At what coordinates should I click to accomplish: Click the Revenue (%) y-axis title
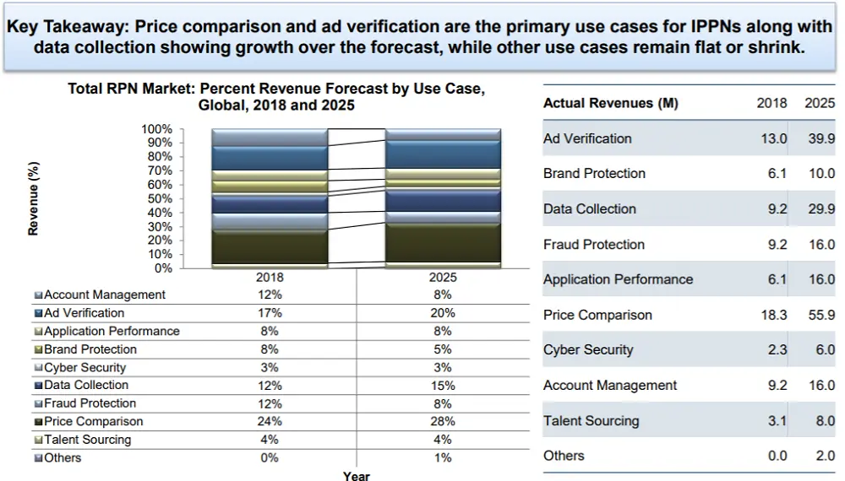(x=34, y=199)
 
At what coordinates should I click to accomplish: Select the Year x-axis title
(x=356, y=476)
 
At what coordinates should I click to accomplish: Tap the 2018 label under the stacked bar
(x=270, y=277)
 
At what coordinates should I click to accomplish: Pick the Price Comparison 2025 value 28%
(x=442, y=421)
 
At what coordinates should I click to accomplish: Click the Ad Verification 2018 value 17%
(x=270, y=313)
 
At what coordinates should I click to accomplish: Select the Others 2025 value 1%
(x=442, y=457)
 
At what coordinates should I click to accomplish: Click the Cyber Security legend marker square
(x=38, y=368)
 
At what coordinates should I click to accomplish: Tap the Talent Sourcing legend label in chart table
(x=87, y=440)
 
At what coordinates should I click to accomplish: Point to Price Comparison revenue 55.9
(x=820, y=315)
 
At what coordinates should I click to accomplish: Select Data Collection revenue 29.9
(x=820, y=209)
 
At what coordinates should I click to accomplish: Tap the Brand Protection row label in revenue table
(x=594, y=174)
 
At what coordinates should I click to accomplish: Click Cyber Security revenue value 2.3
(x=777, y=350)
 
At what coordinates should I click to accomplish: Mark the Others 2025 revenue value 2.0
(x=824, y=456)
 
